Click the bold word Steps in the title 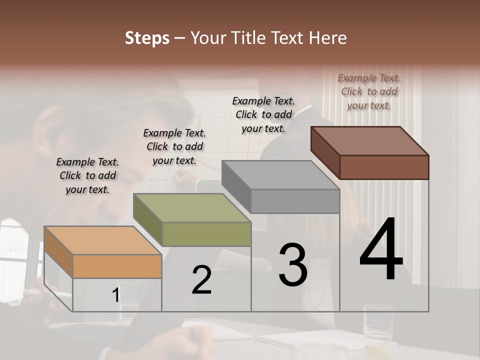(x=147, y=38)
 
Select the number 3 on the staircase (x=292, y=265)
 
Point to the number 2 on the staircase (x=201, y=280)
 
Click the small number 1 (x=115, y=295)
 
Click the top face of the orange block (x=102, y=240)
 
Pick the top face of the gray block (x=280, y=175)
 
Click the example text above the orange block (x=87, y=175)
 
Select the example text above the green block (x=174, y=146)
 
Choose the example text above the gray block (x=263, y=114)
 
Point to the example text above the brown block (x=369, y=91)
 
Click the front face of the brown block (x=384, y=167)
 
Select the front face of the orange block (x=117, y=266)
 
